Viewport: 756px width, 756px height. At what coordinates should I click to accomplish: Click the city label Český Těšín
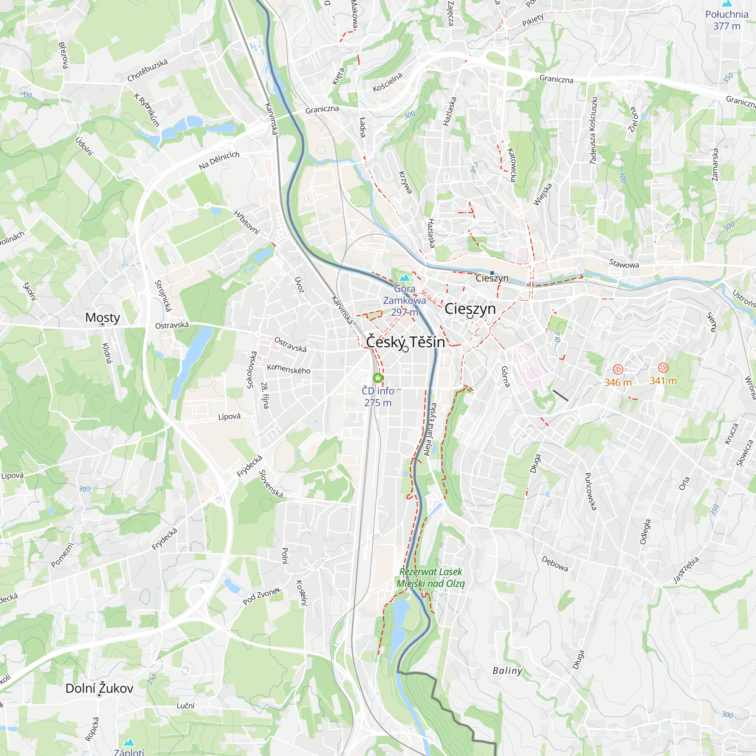[405, 342]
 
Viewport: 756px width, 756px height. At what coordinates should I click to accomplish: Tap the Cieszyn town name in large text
[470, 309]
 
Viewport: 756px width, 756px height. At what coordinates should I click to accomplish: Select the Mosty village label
[102, 318]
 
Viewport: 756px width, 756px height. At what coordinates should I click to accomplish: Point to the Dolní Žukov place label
[99, 688]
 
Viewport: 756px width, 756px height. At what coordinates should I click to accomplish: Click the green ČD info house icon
[378, 378]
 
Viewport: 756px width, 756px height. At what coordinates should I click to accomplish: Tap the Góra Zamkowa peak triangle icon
[404, 278]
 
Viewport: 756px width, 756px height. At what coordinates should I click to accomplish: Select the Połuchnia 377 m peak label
[726, 20]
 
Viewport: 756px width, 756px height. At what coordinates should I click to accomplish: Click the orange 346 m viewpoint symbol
[618, 369]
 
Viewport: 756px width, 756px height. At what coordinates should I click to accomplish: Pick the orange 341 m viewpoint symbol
[663, 367]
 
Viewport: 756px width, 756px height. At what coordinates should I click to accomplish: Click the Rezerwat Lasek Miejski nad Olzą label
[431, 578]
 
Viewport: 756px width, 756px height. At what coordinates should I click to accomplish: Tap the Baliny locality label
[507, 671]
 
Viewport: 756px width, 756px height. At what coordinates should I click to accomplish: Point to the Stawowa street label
[624, 264]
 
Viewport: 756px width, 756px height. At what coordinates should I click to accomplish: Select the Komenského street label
[288, 369]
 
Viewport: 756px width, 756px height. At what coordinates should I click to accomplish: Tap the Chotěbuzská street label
[147, 70]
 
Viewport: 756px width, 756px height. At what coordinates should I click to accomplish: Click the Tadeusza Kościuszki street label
[593, 130]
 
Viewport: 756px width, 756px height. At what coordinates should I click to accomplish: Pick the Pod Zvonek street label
[262, 596]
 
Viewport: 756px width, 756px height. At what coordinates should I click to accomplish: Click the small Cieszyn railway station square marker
[492, 273]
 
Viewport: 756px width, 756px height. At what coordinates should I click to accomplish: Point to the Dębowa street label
[555, 564]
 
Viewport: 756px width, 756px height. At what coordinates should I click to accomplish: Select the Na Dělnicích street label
[219, 160]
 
